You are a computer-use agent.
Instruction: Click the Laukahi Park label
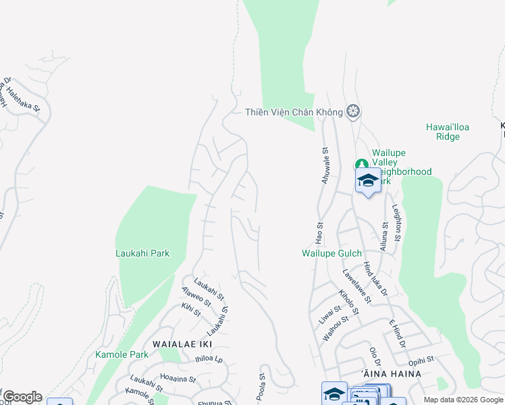(142, 253)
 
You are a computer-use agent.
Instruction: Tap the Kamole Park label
(122, 354)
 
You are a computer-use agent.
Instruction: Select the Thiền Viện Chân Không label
(294, 111)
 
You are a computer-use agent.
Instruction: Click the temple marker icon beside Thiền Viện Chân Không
(352, 111)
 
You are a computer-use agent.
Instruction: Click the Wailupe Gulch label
(331, 253)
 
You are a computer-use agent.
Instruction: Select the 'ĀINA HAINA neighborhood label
(392, 373)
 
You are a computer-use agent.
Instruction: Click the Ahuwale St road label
(325, 166)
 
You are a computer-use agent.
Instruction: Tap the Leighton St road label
(398, 225)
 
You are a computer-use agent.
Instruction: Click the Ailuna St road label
(384, 236)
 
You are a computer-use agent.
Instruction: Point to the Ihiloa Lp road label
(209, 360)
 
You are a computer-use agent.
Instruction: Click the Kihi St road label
(191, 309)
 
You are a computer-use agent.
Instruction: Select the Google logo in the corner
(22, 397)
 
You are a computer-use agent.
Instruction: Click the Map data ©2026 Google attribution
(462, 400)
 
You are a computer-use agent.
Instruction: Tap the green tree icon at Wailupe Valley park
(362, 164)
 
